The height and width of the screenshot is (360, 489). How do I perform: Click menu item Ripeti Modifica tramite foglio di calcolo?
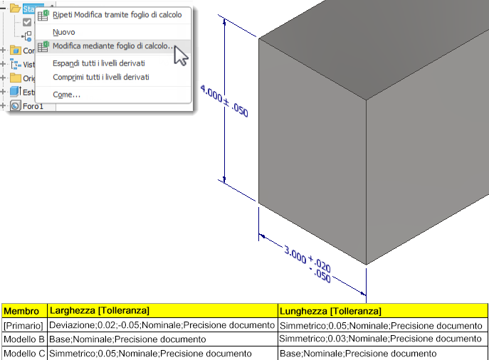pos(117,14)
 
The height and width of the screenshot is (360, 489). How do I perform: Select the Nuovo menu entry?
pos(64,32)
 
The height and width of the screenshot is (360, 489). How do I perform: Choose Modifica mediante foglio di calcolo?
pos(112,47)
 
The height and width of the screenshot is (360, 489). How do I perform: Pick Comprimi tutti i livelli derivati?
pos(101,77)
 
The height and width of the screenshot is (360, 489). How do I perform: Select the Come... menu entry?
pos(66,94)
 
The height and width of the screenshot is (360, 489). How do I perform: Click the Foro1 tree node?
pos(32,106)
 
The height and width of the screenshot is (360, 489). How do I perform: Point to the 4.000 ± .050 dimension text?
pos(224,101)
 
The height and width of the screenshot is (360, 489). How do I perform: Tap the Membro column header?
pos(21,311)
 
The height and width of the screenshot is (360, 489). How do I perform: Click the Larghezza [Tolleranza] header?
pos(98,311)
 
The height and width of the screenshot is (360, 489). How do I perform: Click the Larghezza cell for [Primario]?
pos(162,325)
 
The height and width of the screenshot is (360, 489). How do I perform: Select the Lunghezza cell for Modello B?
pos(381,339)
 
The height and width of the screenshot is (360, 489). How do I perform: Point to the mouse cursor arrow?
pos(180,55)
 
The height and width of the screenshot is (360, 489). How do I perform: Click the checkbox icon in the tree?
pos(27,22)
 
